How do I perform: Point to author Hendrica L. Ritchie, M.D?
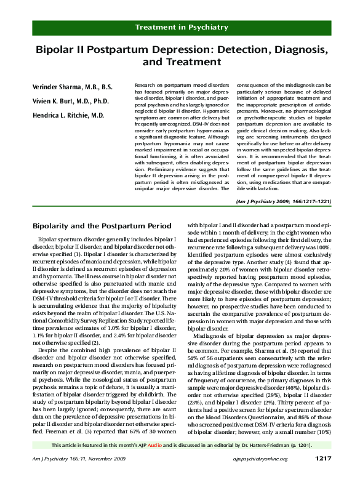click(68, 116)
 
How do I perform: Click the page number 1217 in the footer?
click(324, 476)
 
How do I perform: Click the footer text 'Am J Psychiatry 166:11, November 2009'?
click(75, 476)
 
